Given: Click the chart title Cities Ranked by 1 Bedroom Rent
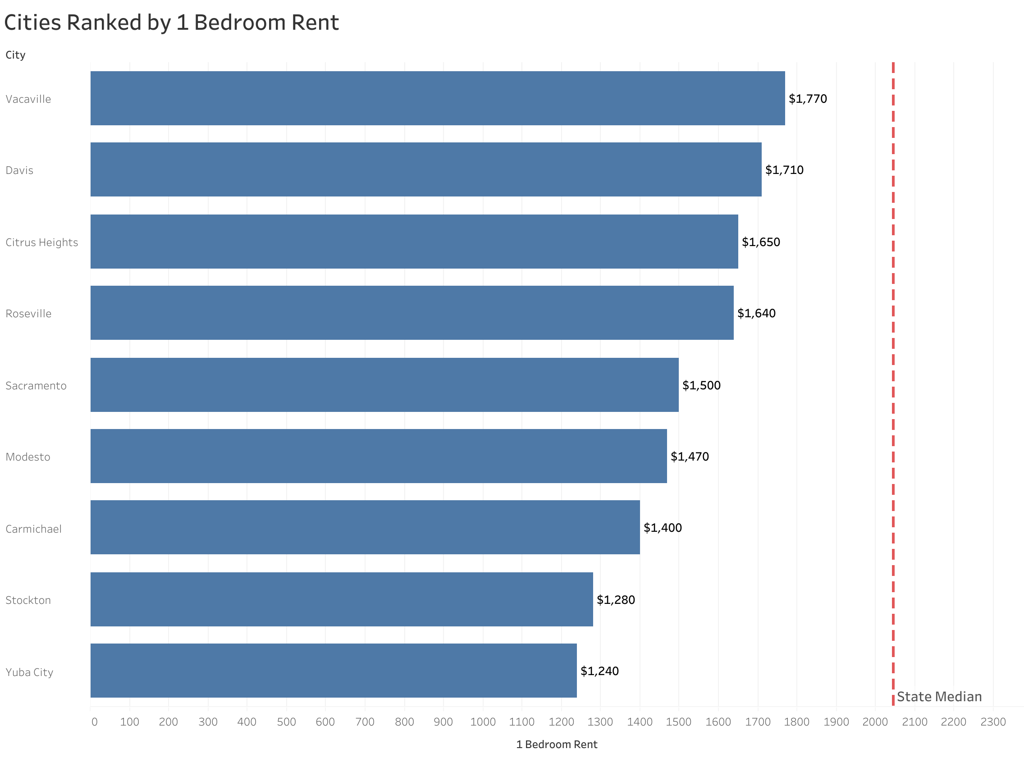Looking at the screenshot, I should (171, 23).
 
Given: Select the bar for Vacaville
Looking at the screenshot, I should (437, 98).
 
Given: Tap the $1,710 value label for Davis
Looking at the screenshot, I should (784, 170).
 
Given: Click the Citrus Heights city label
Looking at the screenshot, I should (42, 242).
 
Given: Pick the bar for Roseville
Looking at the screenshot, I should (411, 313).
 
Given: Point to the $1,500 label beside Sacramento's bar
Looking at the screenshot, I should (701, 385).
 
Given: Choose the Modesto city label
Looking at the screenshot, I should (28, 457).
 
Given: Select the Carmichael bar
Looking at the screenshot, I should (365, 527).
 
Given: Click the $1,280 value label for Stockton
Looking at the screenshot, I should (615, 600).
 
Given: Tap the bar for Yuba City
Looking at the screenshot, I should (333, 671).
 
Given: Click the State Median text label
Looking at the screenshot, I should (939, 697).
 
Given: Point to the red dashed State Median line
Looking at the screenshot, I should (893, 367).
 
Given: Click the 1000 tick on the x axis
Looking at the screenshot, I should (483, 722).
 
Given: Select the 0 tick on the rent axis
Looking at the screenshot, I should (94, 722).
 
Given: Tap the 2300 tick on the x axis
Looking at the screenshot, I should (993, 722).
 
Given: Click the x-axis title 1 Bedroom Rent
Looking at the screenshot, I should (557, 744).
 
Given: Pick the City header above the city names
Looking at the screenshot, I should (15, 55).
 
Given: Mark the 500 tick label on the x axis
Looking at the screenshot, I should (286, 722).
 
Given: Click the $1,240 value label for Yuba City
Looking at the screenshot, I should (599, 671).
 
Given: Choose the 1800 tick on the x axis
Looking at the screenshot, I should (796, 722).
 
